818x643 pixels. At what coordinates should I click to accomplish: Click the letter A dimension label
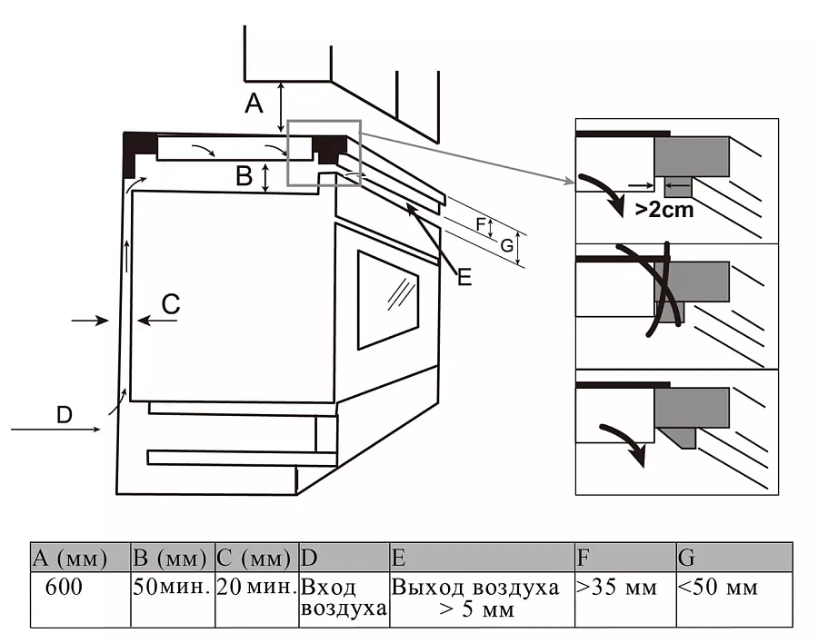[x=254, y=104]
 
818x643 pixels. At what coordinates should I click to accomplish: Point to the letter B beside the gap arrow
[x=244, y=176]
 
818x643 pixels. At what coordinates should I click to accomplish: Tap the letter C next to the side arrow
[x=171, y=304]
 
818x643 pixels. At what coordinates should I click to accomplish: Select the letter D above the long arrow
[x=64, y=415]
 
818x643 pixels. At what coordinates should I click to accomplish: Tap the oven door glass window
[x=387, y=300]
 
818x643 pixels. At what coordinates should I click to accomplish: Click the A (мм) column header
[x=80, y=557]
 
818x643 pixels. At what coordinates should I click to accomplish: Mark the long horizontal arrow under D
[x=55, y=430]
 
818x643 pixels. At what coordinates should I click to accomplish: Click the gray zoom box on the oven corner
[x=324, y=153]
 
